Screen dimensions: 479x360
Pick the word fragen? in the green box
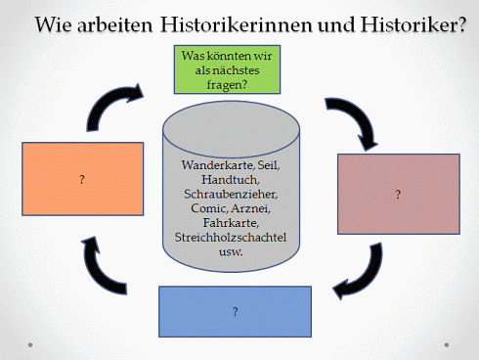[229, 84]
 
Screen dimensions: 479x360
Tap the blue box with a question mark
[236, 311]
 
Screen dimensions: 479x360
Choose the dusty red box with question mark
[398, 195]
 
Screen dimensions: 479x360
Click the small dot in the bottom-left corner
[31, 343]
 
